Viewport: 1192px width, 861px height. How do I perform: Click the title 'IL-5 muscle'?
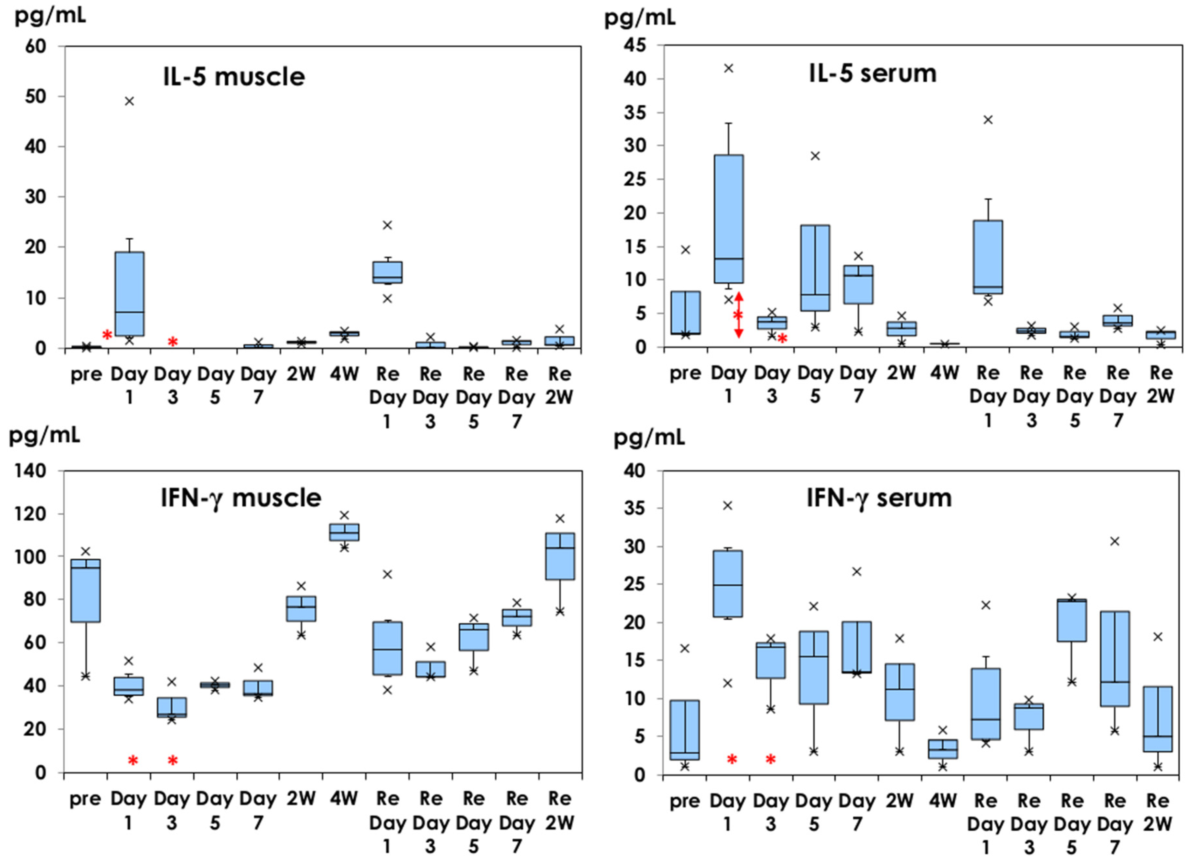click(x=234, y=77)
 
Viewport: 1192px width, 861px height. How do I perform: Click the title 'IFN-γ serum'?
click(x=879, y=498)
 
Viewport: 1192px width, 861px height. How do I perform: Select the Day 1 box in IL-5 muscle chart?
click(x=129, y=293)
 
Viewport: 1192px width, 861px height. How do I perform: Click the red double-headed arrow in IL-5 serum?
click(x=738, y=315)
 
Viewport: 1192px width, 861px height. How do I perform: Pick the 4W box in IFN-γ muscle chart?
click(x=344, y=532)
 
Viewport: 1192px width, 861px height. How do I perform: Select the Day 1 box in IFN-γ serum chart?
click(x=728, y=583)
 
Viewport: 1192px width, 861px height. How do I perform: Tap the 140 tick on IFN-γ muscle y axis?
click(x=35, y=471)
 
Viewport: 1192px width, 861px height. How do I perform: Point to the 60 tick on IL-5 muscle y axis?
click(x=35, y=46)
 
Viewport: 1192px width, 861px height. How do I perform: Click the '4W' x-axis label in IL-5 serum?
click(x=944, y=373)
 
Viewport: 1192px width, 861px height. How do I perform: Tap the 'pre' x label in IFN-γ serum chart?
click(x=685, y=801)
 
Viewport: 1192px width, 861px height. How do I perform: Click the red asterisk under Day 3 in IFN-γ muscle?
click(x=172, y=760)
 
